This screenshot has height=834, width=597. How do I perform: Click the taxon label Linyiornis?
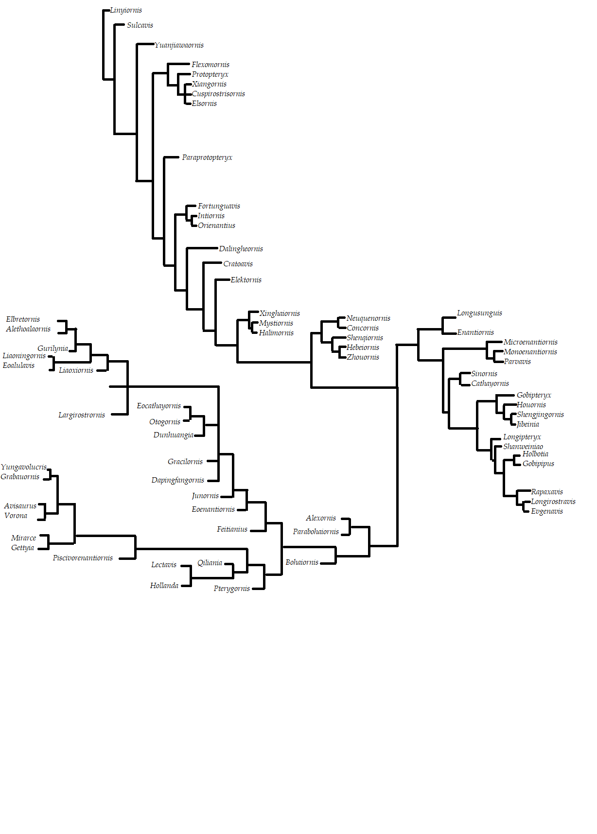click(x=126, y=10)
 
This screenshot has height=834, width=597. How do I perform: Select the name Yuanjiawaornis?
click(x=179, y=45)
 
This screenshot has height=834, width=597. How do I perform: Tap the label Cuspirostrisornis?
click(x=218, y=94)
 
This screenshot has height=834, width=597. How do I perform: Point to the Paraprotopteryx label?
click(x=207, y=157)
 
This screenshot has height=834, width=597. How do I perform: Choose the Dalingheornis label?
click(x=241, y=249)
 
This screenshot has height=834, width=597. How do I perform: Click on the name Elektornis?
click(x=246, y=280)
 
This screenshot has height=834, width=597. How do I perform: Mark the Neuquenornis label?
click(x=369, y=318)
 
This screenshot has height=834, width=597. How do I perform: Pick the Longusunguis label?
click(x=479, y=313)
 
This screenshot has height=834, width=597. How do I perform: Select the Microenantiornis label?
click(x=530, y=342)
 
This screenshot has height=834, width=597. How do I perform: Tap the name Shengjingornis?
click(x=540, y=415)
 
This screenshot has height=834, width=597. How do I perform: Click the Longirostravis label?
click(x=553, y=502)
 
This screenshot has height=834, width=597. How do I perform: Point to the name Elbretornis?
click(x=23, y=319)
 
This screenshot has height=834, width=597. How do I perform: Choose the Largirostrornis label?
click(x=82, y=415)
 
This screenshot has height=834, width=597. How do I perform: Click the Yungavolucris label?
click(x=24, y=467)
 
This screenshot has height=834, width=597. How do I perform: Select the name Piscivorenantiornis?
click(x=83, y=558)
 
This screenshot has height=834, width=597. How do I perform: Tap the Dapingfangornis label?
click(x=178, y=480)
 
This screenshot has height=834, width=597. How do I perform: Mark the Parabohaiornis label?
click(x=316, y=532)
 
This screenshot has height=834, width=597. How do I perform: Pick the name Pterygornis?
click(x=232, y=589)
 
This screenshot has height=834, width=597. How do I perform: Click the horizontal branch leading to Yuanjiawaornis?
click(x=145, y=44)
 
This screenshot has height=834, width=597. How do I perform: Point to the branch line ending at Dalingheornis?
click(x=202, y=248)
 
